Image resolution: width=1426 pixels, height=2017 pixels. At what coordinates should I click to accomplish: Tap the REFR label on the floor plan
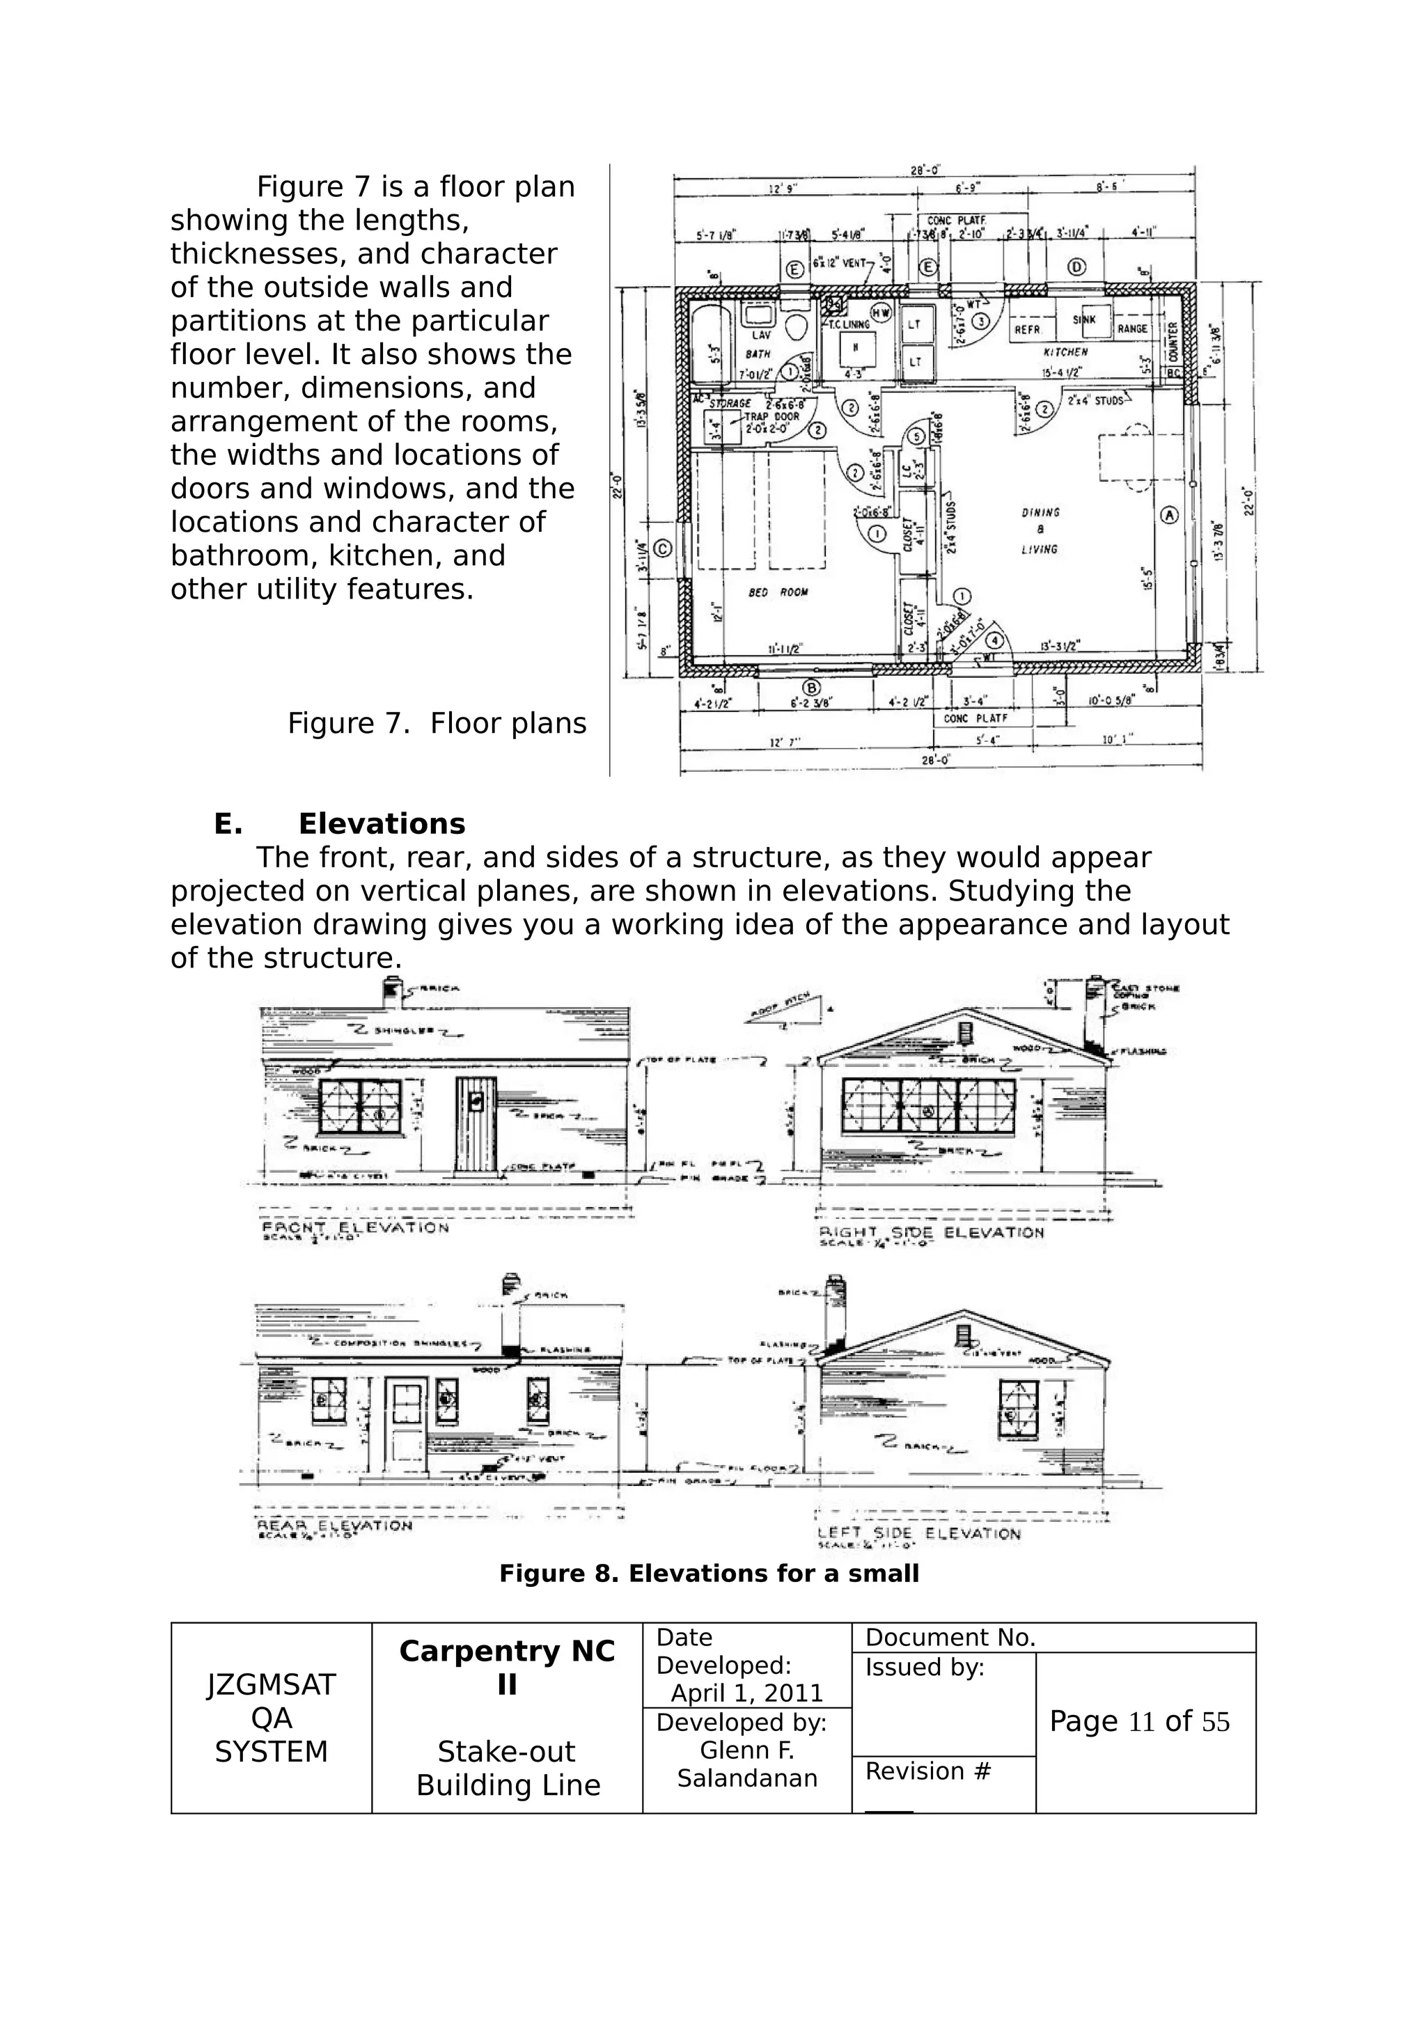(1027, 329)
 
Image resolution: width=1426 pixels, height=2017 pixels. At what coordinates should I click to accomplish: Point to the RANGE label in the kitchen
(1131, 329)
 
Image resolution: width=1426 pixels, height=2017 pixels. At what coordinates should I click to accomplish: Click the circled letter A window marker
(1168, 516)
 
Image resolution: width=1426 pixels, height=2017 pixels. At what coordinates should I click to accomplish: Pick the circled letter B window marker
(812, 687)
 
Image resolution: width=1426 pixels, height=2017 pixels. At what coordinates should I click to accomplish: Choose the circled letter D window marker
(1076, 267)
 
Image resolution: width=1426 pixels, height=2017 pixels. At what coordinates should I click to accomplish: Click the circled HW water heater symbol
(880, 312)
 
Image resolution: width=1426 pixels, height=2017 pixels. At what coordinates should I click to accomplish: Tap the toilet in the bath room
(798, 327)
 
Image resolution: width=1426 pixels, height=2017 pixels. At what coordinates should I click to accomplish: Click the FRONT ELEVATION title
(355, 1227)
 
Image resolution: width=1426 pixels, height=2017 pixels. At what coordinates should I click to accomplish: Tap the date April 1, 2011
(747, 1693)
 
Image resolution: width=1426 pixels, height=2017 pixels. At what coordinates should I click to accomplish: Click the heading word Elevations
(382, 824)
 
